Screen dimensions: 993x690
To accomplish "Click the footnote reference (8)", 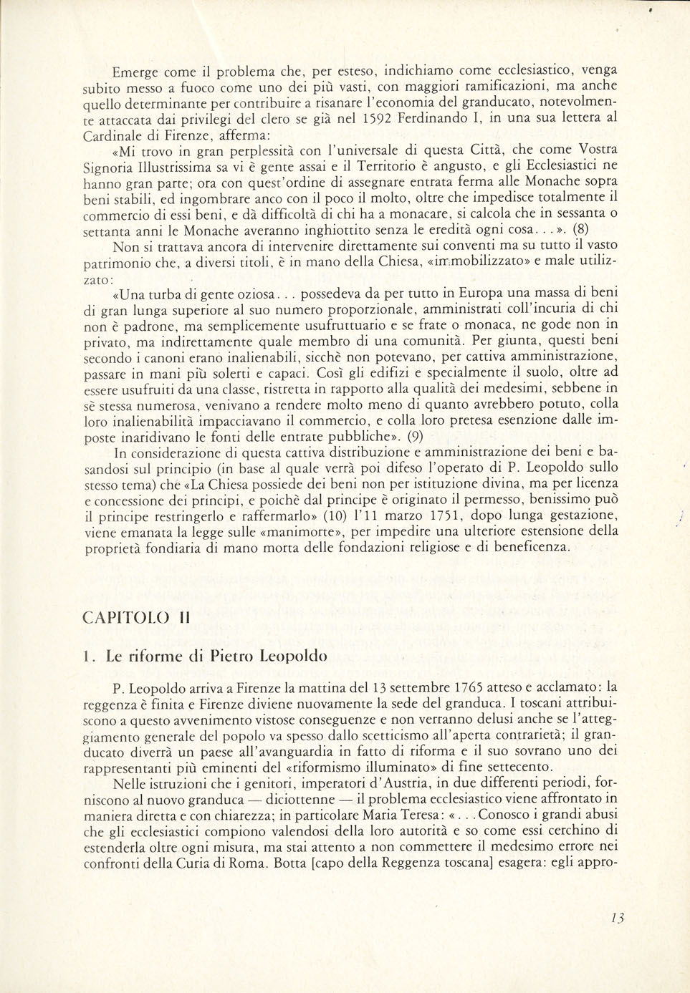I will click(x=582, y=231).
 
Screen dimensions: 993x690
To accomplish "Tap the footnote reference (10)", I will click(x=332, y=515).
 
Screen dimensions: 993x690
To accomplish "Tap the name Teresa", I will click(x=422, y=815).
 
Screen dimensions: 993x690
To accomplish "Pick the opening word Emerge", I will click(x=137, y=72).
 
